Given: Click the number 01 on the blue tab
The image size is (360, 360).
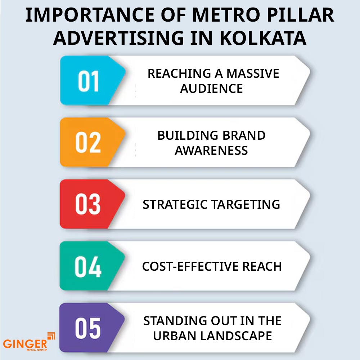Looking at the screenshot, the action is tap(89, 81).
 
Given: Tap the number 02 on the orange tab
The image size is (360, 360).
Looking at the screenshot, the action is tap(88, 143).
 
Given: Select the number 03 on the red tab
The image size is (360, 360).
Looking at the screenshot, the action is tap(88, 204).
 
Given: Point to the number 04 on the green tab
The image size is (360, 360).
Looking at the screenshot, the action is tap(88, 266).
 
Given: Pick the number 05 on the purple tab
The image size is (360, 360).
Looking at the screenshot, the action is tap(88, 328).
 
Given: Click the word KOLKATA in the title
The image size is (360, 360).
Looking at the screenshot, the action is tap(263, 38).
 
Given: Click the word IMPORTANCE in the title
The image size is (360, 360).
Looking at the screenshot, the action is tap(90, 15).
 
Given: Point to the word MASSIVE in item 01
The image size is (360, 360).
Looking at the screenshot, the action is tap(253, 73).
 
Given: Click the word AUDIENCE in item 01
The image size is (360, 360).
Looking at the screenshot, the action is tap(211, 89).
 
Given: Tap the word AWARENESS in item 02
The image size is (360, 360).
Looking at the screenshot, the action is tap(211, 150).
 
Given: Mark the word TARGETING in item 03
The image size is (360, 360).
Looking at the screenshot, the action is tap(246, 204).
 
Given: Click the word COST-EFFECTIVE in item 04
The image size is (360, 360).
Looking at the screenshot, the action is tap(190, 266).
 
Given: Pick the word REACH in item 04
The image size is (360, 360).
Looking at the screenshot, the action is tap(262, 266).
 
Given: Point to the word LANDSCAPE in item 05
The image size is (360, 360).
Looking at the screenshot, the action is tap(236, 336).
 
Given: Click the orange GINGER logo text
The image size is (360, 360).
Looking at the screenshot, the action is tap(25, 344).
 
